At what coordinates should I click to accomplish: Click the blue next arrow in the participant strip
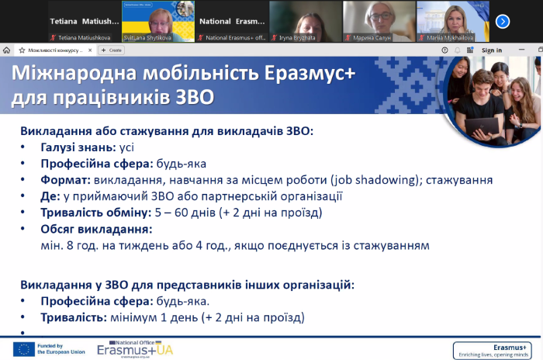(524, 21)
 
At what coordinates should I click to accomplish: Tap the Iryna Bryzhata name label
(293, 36)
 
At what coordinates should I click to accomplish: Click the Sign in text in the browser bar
(492, 50)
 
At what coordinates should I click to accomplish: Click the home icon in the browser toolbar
(7, 50)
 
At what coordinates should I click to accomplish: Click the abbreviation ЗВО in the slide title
(190, 99)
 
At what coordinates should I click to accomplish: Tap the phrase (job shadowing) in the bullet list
(355, 180)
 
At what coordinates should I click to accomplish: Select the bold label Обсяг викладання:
(96, 229)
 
